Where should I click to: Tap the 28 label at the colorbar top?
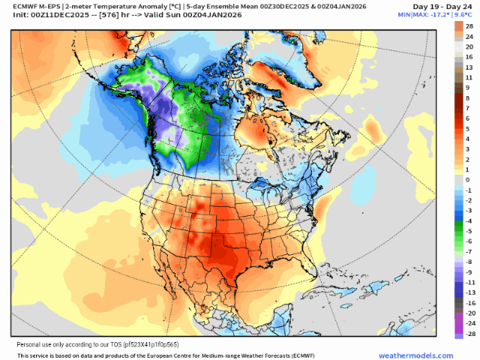(x=469, y=25)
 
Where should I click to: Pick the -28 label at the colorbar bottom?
(x=469, y=334)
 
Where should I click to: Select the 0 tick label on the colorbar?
(x=470, y=180)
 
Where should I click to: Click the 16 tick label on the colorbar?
(x=469, y=57)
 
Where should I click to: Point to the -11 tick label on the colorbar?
(x=469, y=282)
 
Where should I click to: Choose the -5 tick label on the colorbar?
(x=469, y=231)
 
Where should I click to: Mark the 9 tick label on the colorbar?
(x=470, y=88)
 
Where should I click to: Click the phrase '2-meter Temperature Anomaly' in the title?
(x=115, y=7)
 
